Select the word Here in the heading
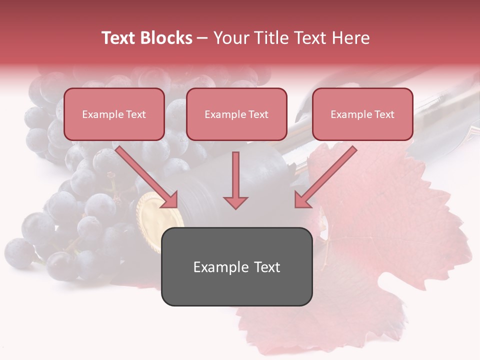tap(352, 38)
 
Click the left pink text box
tap(114, 114)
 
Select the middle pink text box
tap(236, 114)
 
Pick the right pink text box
tap(362, 114)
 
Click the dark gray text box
tap(236, 266)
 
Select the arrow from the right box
tap(325, 177)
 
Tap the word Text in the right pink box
tap(384, 114)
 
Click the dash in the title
tap(202, 38)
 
